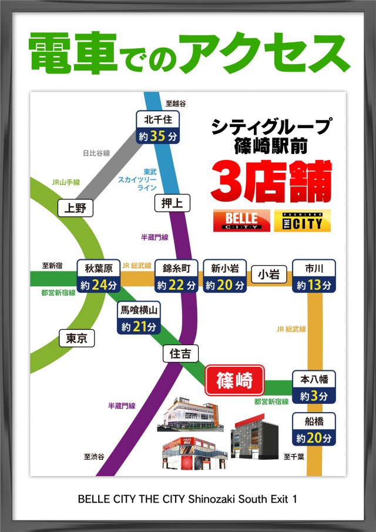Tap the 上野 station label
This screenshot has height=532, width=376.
76,207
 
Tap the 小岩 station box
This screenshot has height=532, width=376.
268,275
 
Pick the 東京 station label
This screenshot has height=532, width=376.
77,338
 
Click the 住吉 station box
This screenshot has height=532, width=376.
180,354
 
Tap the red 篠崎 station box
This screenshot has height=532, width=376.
234,381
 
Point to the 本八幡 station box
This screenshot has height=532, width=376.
314,387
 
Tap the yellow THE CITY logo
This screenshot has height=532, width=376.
302,220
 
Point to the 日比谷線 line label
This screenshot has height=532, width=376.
96,153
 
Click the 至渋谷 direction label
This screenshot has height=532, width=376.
94,457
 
